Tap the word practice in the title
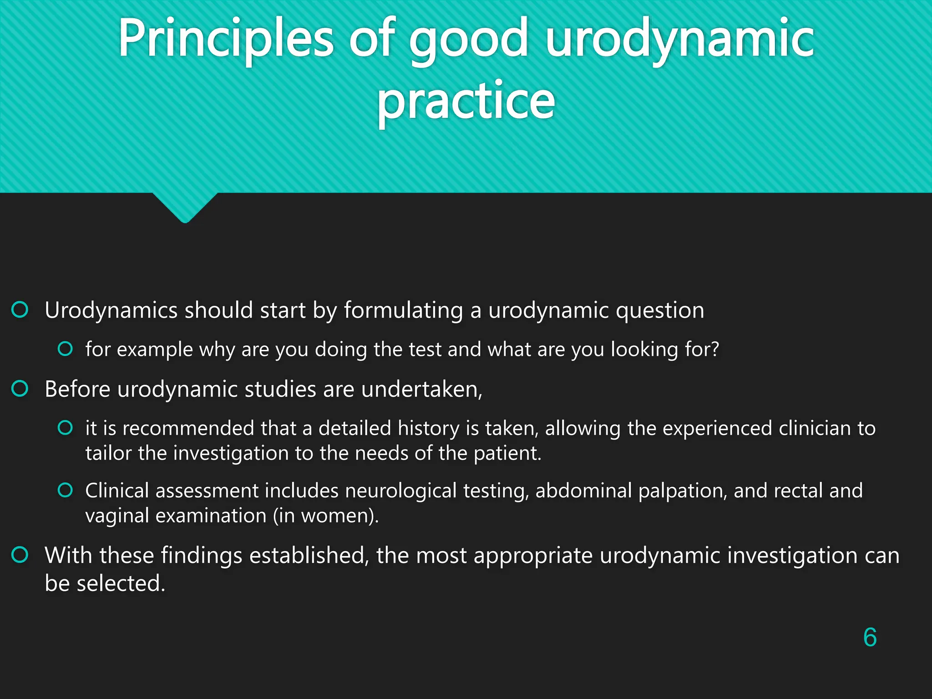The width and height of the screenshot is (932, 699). pyautogui.click(x=466, y=101)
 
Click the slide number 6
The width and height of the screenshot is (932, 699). pyautogui.click(x=870, y=637)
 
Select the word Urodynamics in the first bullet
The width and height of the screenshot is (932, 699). pyautogui.click(x=111, y=310)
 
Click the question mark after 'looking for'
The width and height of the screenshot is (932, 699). pyautogui.click(x=714, y=349)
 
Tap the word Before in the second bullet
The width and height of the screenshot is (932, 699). pyautogui.click(x=77, y=389)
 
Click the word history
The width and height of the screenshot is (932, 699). pyautogui.click(x=428, y=429)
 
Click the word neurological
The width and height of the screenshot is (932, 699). pyautogui.click(x=400, y=491)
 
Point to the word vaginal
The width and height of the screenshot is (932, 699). pyautogui.click(x=117, y=516)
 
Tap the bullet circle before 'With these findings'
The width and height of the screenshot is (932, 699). pyautogui.click(x=20, y=555)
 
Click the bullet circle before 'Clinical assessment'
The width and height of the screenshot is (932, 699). pyautogui.click(x=65, y=490)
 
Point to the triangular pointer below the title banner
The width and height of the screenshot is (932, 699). pyautogui.click(x=185, y=207)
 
